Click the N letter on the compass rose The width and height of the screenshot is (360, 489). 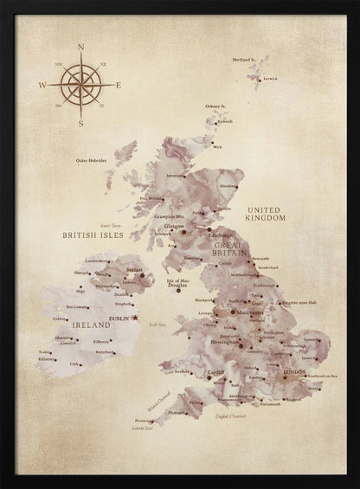pos(80,48)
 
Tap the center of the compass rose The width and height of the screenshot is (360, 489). pos(80,85)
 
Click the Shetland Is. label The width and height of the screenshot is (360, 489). pos(244,59)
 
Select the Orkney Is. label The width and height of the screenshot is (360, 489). pos(216,106)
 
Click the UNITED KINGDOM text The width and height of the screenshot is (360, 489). pos(266,214)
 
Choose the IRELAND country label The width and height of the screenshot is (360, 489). pos(78,324)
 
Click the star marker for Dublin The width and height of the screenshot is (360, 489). pos(134,318)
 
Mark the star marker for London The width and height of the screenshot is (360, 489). pos(284,377)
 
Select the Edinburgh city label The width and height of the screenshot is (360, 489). pos(220,235)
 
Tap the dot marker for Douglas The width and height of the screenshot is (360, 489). pos(177,292)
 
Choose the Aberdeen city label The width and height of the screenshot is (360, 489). pos(228,185)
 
